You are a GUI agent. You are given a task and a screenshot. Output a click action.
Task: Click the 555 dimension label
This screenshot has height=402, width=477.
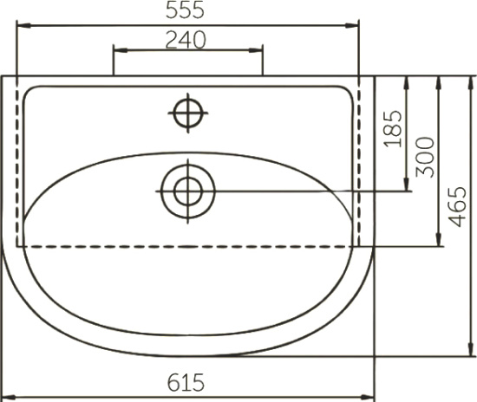point(185,10)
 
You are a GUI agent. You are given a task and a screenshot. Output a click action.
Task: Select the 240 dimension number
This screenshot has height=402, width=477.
point(186,40)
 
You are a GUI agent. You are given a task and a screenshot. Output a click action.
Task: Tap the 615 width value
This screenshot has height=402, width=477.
point(186,383)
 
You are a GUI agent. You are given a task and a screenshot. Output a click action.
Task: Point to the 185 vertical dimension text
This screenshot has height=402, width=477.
point(393,129)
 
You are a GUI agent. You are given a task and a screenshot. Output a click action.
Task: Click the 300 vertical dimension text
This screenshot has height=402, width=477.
point(425,157)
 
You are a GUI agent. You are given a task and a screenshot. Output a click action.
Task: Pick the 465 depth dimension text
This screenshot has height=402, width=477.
point(458,206)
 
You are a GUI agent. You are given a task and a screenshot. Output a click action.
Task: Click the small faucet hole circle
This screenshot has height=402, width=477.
point(188,113)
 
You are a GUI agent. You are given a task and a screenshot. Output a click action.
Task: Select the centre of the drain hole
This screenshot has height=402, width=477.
point(188,191)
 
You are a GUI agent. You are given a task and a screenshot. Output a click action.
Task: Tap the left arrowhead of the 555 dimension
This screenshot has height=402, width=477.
point(23,26)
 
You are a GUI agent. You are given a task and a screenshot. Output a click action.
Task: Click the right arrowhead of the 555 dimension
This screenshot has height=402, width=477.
point(352,26)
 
